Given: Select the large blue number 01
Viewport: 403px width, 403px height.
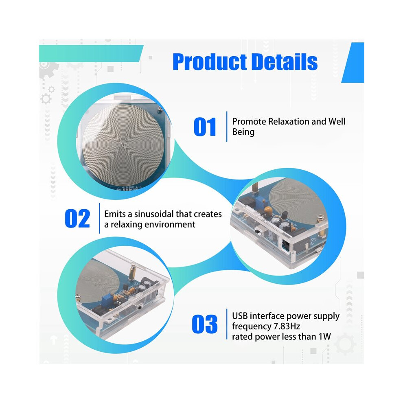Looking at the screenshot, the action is point(205,127).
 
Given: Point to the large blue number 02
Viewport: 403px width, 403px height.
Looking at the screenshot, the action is point(77,219).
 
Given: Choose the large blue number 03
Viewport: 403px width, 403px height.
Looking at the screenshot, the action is point(205,324).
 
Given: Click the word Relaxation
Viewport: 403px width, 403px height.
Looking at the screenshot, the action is point(288,121).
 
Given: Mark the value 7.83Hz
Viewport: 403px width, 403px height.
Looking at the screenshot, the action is point(287,326).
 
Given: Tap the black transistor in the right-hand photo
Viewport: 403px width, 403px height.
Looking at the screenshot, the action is point(285,215).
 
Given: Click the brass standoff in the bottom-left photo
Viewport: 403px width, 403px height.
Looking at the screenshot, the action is point(133,272).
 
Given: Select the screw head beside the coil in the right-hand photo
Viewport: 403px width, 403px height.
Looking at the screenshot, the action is point(321,217).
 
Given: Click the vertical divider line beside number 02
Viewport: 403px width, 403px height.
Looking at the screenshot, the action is point(99,218).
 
